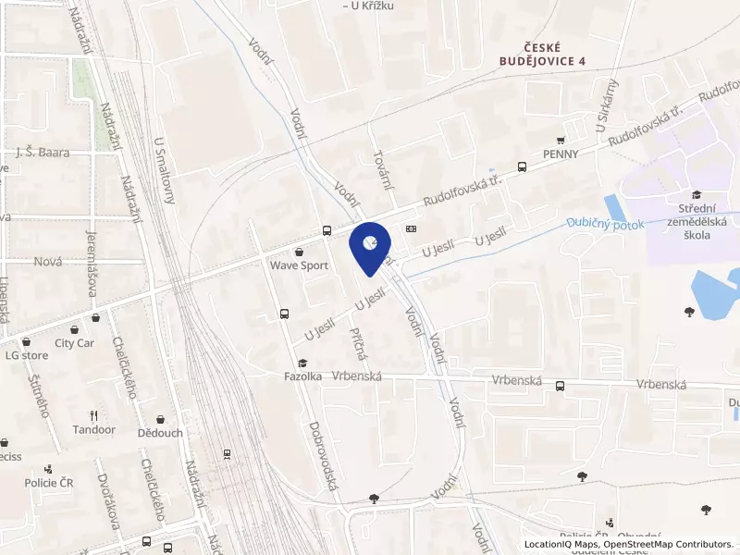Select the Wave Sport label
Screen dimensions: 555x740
[x=299, y=265]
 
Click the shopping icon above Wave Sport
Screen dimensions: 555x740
[x=298, y=251]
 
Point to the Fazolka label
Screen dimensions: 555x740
[x=302, y=376]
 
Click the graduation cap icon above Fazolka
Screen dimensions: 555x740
[x=302, y=363]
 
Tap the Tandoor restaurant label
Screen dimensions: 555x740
[x=94, y=430]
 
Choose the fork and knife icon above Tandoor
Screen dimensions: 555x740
[x=93, y=415]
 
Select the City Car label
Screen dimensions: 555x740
[x=74, y=342]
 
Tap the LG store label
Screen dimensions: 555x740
[x=26, y=354]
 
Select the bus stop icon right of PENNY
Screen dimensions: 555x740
[x=523, y=167]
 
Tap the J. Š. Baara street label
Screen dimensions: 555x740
[x=43, y=153]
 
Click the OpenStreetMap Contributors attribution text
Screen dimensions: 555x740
[x=669, y=544]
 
